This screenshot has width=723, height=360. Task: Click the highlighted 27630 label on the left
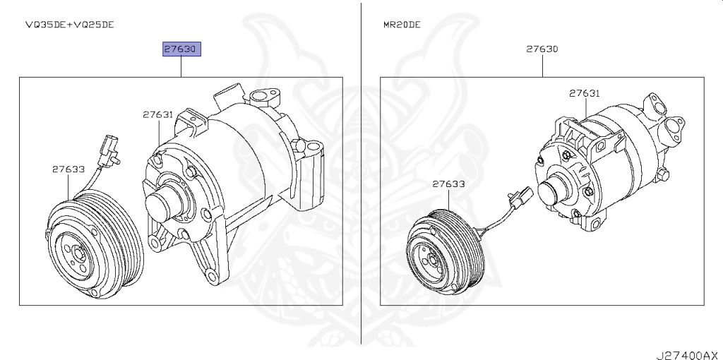pyautogui.click(x=181, y=49)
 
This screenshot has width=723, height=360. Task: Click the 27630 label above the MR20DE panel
pyautogui.click(x=542, y=49)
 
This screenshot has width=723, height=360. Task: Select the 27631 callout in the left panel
pyautogui.click(x=157, y=114)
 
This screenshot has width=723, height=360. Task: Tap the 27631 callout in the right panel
pyautogui.click(x=584, y=93)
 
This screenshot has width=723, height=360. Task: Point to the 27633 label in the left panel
pyautogui.click(x=68, y=169)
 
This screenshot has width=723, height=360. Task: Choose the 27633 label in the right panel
pyautogui.click(x=448, y=184)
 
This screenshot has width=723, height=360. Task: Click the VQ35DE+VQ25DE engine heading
pyautogui.click(x=70, y=25)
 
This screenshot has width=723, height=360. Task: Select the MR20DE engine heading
pyautogui.click(x=402, y=25)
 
